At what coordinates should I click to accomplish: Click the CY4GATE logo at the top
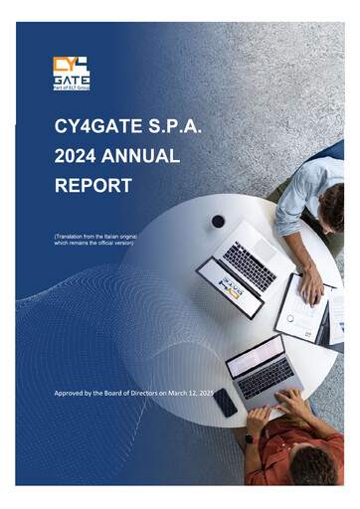(71, 71)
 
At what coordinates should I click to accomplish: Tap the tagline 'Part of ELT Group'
(71, 88)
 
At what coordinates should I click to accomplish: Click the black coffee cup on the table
(218, 221)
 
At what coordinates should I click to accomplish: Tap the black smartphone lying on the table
(227, 402)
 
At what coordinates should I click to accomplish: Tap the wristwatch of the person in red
(249, 437)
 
